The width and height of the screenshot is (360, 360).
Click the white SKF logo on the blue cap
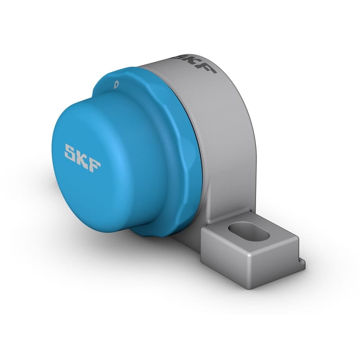click(82, 157)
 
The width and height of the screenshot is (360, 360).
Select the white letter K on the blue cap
click(82, 157)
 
